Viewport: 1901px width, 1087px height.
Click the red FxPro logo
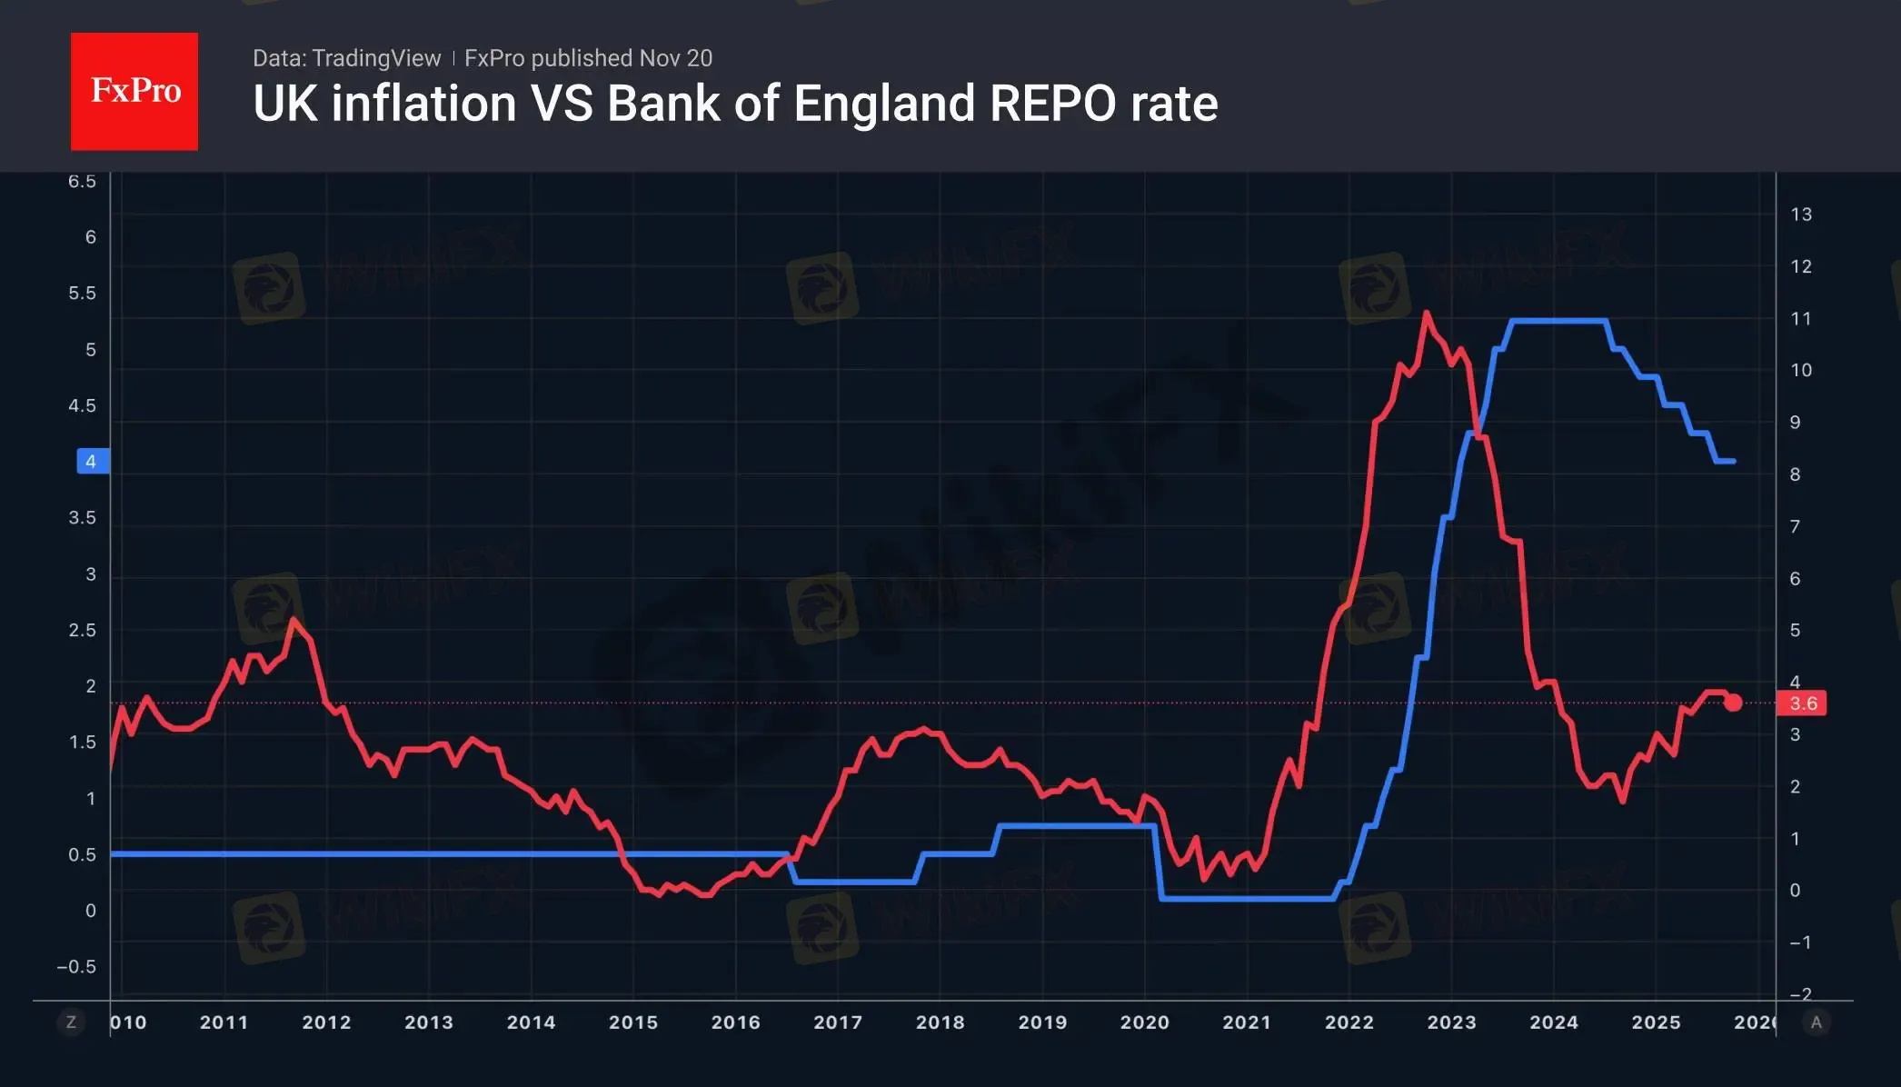tap(134, 91)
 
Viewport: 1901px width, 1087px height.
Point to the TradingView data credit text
tap(346, 58)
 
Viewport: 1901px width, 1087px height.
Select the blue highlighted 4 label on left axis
tap(92, 462)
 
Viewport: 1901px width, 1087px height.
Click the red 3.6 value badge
tap(1803, 703)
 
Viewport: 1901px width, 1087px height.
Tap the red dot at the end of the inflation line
tap(1733, 703)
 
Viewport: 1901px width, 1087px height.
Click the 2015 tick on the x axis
tap(633, 1022)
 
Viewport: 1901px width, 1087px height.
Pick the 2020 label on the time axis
tap(1144, 1022)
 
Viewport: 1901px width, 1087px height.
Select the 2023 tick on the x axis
tap(1451, 1022)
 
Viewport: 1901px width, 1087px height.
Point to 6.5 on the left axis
tap(82, 182)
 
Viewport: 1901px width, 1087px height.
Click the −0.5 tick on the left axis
tap(76, 967)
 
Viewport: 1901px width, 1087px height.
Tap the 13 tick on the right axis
tap(1801, 214)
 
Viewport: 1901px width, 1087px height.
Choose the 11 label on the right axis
tap(1801, 319)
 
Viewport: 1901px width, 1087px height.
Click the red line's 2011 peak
tap(293, 621)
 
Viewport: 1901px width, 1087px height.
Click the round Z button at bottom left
tap(71, 1022)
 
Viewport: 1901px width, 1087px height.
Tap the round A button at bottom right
tap(1816, 1022)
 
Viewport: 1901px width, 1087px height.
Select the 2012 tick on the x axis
tap(326, 1022)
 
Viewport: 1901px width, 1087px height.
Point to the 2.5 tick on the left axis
tap(82, 631)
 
